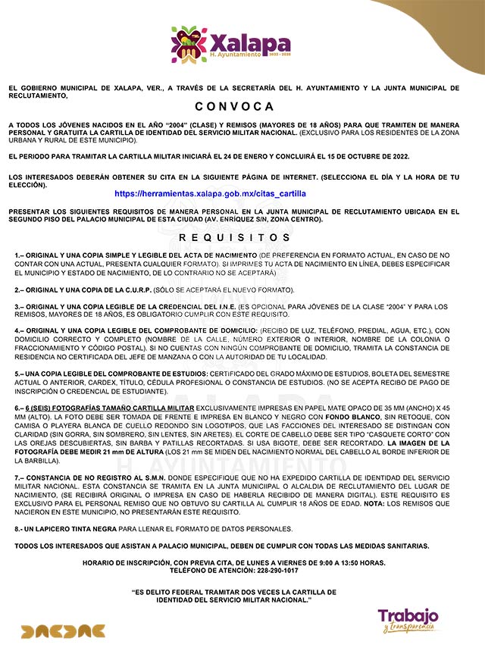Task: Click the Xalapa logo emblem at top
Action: (189, 45)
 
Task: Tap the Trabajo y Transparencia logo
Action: (408, 619)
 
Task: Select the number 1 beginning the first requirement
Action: (17, 255)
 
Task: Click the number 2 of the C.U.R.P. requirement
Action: (17, 290)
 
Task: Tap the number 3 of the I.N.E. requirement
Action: (17, 306)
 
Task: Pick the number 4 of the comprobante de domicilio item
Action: (17, 331)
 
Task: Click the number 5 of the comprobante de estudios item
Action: (17, 374)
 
